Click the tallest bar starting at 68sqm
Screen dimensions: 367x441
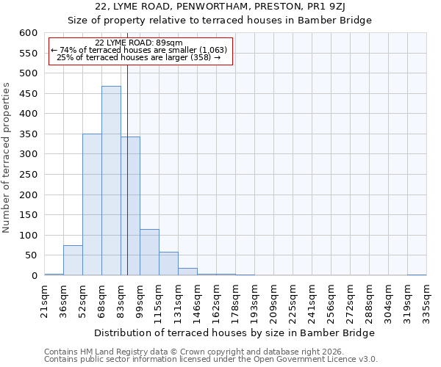[111, 181]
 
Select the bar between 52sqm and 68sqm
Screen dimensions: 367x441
[92, 205]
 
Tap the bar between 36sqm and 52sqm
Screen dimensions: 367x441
[73, 261]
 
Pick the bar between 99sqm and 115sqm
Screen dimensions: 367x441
[149, 252]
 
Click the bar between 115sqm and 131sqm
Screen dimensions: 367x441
[168, 264]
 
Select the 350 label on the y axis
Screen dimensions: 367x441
[28, 134]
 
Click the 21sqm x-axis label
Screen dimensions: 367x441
[45, 299]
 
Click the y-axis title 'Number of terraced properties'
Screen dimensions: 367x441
[7, 158]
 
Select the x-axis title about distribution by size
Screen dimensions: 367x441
[235, 333]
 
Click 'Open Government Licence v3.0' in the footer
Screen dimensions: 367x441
[317, 360]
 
